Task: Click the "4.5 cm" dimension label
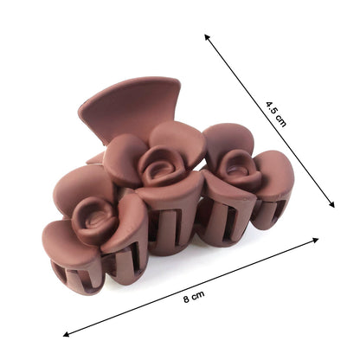coord(275,113)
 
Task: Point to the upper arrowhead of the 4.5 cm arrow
coord(208,37)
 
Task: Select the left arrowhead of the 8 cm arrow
coord(67,333)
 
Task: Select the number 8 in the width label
coord(188,299)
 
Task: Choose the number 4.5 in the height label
coord(271,107)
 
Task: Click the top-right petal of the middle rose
coord(184,138)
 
